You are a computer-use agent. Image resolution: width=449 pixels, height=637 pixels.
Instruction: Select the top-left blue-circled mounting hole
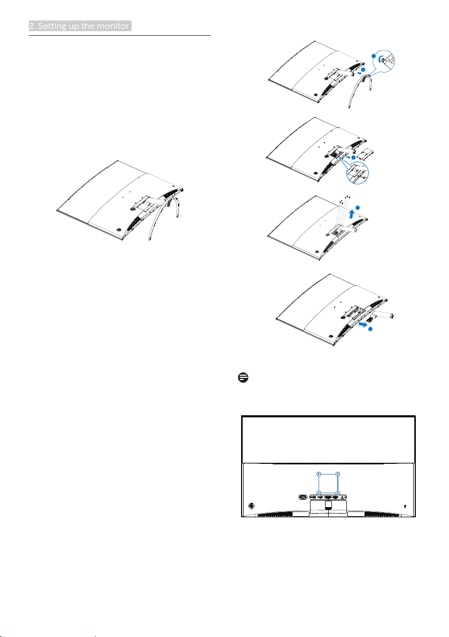[319, 473]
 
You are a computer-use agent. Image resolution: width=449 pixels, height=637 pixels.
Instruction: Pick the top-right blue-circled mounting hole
[338, 473]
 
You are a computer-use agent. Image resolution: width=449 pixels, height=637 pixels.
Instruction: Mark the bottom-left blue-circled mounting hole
[319, 493]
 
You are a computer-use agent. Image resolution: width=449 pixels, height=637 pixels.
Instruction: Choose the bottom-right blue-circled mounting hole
[338, 493]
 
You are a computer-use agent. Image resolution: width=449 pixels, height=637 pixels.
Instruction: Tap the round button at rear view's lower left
[252, 505]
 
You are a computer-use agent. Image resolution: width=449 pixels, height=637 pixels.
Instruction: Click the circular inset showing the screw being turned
[383, 59]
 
